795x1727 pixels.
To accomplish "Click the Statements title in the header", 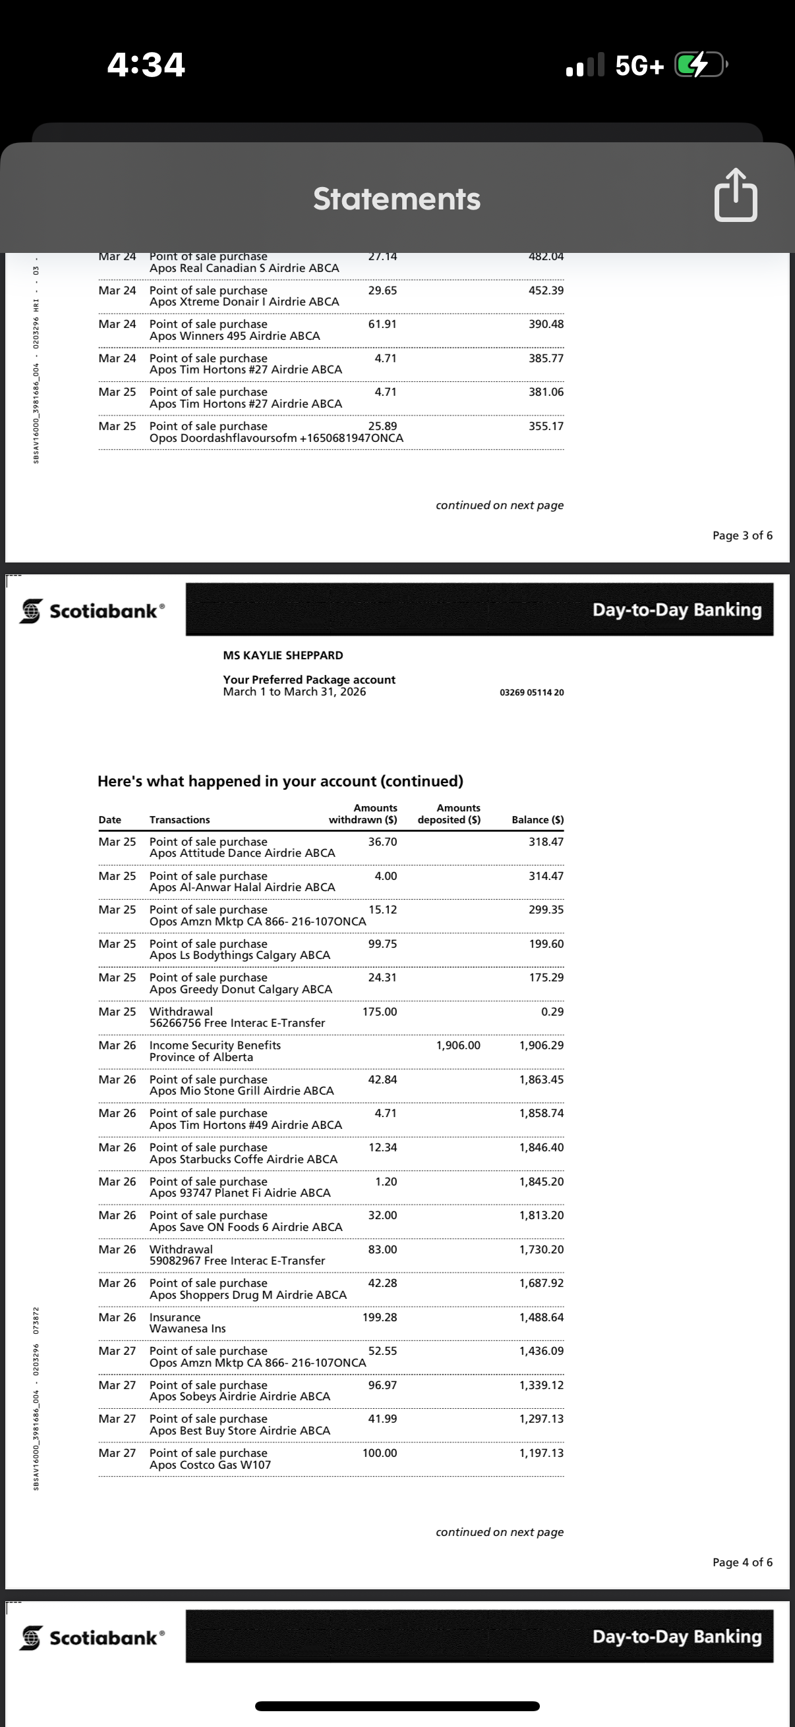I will tap(396, 199).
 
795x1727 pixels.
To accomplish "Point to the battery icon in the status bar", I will tap(699, 65).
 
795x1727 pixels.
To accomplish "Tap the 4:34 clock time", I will tap(146, 65).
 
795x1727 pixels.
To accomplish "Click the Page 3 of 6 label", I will tap(742, 535).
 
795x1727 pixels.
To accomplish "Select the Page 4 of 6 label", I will tap(742, 1562).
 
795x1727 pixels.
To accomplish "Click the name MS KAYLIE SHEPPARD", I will tap(282, 655).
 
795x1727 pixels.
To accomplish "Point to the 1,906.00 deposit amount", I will tap(458, 1045).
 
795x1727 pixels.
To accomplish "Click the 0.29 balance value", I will tap(552, 1012).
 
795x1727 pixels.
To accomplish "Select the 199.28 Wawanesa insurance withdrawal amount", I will tap(380, 1317).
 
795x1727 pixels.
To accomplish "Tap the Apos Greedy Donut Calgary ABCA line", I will tap(241, 989).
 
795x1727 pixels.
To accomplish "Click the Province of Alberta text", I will tap(201, 1057).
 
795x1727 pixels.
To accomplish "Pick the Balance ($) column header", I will tap(537, 820).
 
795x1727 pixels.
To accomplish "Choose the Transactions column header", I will tap(180, 820).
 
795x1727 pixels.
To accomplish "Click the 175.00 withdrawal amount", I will tap(380, 1012).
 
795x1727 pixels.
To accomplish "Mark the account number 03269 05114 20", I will tap(531, 692).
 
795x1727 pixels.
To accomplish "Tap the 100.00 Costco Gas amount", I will tap(380, 1453).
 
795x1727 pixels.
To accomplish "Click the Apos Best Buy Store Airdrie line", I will tap(239, 1431).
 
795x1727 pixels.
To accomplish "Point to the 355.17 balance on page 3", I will tap(546, 426).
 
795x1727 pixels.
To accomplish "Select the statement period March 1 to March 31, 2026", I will tap(295, 692).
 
